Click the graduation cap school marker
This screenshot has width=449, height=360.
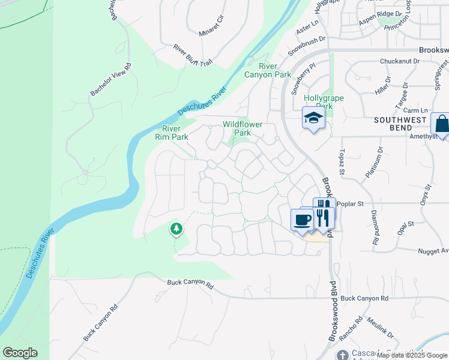pyautogui.click(x=313, y=118)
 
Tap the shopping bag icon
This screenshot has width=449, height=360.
pyautogui.click(x=441, y=124)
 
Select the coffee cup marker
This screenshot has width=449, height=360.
pyautogui.click(x=302, y=219)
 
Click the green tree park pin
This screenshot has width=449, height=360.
pyautogui.click(x=176, y=228)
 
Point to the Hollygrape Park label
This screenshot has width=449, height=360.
pyautogui.click(x=318, y=102)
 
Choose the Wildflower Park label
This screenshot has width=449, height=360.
pyautogui.click(x=243, y=128)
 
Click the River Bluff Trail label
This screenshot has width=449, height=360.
pyautogui.click(x=193, y=55)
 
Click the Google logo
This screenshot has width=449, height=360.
pyautogui.click(x=20, y=353)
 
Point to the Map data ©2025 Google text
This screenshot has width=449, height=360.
pyautogui.click(x=412, y=355)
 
